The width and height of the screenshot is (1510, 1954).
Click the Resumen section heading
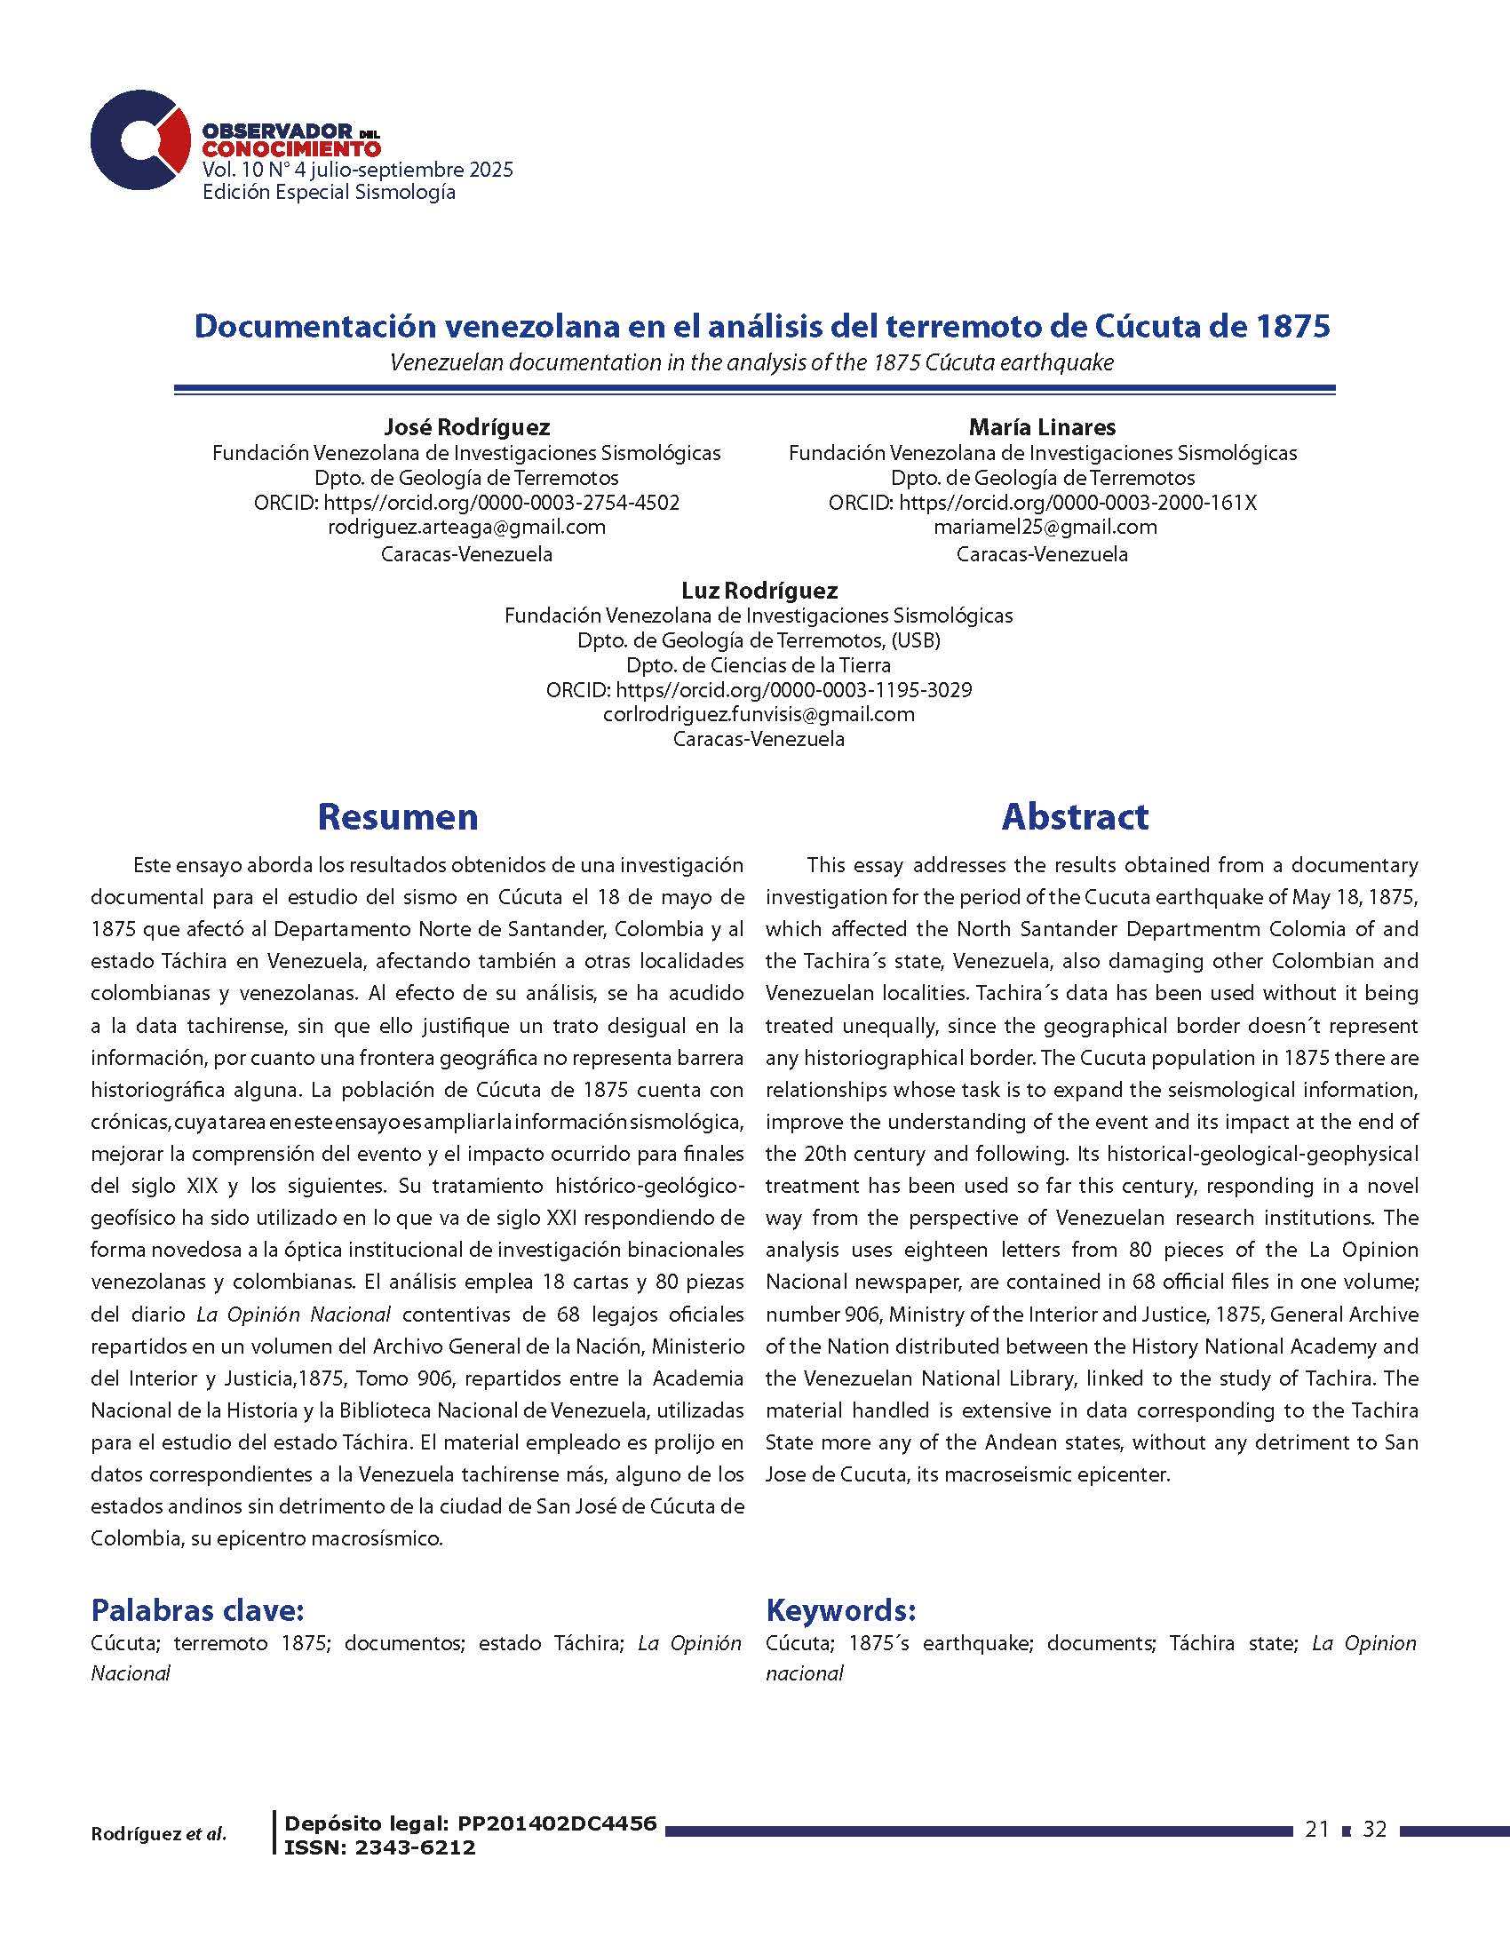(397, 817)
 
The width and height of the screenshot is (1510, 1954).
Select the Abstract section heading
(1075, 817)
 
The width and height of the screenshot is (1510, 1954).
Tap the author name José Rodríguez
(466, 428)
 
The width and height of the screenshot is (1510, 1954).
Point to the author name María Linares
(1042, 428)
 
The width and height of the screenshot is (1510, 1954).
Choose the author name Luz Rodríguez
(759, 591)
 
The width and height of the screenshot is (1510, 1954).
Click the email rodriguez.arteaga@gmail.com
(466, 527)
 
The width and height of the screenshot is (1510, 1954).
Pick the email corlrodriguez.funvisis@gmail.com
(759, 714)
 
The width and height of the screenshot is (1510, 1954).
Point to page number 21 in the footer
(1315, 1831)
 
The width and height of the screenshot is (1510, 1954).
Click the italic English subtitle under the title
(751, 363)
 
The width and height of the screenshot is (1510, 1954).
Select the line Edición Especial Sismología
(329, 193)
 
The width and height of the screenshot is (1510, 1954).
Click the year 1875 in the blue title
(1293, 326)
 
